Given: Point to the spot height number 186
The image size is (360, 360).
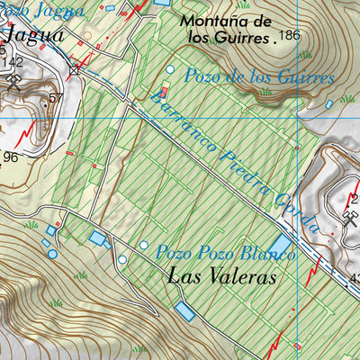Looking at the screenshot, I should pyautogui.click(x=288, y=36).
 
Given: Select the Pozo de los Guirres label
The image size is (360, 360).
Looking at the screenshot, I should pyautogui.click(x=259, y=77).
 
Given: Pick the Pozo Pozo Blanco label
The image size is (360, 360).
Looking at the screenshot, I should pyautogui.click(x=225, y=253).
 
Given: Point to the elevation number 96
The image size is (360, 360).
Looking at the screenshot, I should pyautogui.click(x=11, y=157).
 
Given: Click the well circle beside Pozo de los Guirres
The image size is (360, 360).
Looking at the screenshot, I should pyautogui.click(x=170, y=69).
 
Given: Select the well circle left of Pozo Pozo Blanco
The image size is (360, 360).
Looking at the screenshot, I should pyautogui.click(x=143, y=244).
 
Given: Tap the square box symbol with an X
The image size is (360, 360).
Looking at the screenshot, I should pyautogui.click(x=76, y=67).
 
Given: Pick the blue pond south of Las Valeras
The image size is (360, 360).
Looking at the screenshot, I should pyautogui.click(x=184, y=311).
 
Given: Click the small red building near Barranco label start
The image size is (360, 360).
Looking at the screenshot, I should pyautogui.click(x=164, y=91).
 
